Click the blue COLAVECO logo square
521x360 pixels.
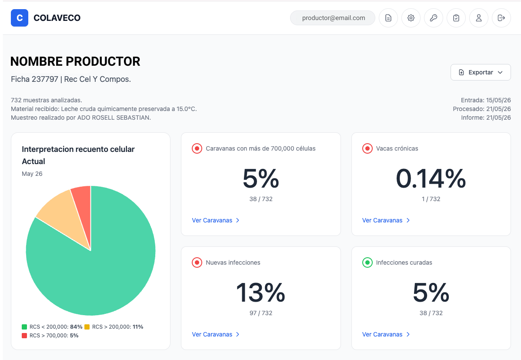(20, 18)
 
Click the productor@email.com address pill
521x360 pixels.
(333, 18)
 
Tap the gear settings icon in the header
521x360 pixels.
(411, 18)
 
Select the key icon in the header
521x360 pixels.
(434, 18)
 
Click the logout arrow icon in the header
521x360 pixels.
(501, 18)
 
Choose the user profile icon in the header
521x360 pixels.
(479, 18)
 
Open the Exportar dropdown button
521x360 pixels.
(481, 72)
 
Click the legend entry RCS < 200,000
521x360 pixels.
(52, 327)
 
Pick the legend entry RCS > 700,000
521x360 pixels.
(50, 335)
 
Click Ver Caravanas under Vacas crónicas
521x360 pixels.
(386, 220)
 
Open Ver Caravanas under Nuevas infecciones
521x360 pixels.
(216, 334)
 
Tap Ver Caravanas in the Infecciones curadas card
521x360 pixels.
(386, 334)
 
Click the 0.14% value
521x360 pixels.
(431, 178)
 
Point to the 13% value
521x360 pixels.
(261, 293)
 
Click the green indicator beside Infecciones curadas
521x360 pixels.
(367, 262)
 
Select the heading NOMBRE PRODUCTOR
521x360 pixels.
(75, 61)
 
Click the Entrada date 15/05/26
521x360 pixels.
(498, 100)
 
